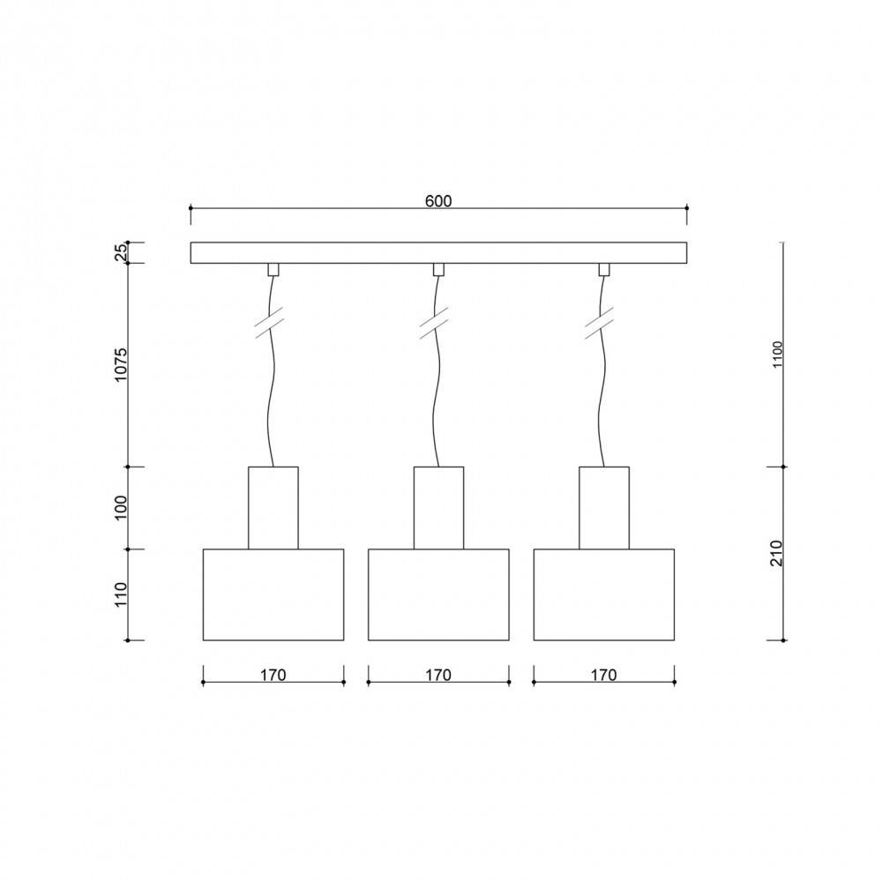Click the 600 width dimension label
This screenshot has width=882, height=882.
438,200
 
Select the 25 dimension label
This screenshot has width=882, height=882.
122,253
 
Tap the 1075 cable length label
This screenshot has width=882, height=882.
122,364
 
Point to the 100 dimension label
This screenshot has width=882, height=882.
122,508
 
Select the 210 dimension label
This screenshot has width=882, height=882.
777,552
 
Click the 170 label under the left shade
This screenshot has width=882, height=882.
273,676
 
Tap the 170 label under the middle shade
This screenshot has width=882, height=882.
437,676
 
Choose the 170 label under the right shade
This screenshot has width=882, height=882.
603,676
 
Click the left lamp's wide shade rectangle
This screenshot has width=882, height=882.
273,594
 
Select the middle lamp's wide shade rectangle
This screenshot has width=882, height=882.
438,594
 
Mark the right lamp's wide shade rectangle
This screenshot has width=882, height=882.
604,594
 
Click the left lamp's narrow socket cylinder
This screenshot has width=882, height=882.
273,508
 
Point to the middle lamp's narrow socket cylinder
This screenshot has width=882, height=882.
438,508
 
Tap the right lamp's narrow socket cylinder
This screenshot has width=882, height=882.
604,508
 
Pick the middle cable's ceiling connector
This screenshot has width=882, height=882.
438,269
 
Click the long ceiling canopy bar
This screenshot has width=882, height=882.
438,253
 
